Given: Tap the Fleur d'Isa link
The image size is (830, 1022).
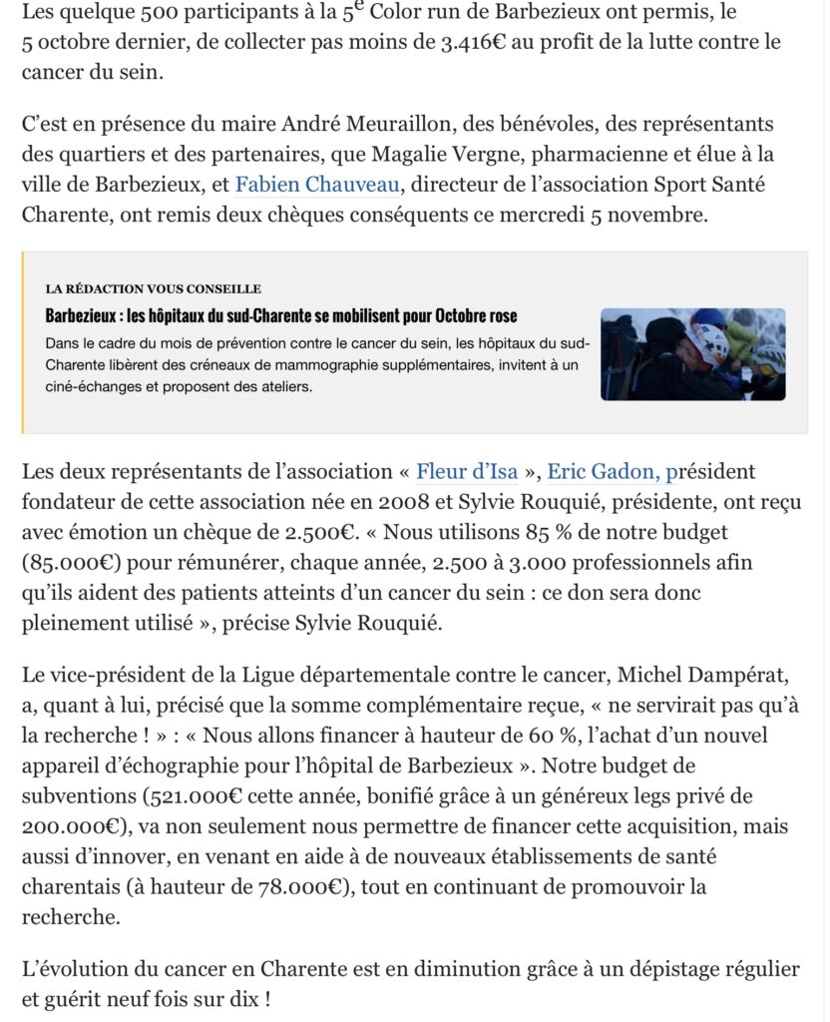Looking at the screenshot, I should pos(467,471).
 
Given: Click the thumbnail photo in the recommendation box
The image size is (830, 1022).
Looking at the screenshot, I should pos(692,354).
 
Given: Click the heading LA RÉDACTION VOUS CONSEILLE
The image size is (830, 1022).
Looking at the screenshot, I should pos(153,289).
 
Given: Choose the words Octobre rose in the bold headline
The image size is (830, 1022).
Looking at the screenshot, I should pos(476,316).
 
